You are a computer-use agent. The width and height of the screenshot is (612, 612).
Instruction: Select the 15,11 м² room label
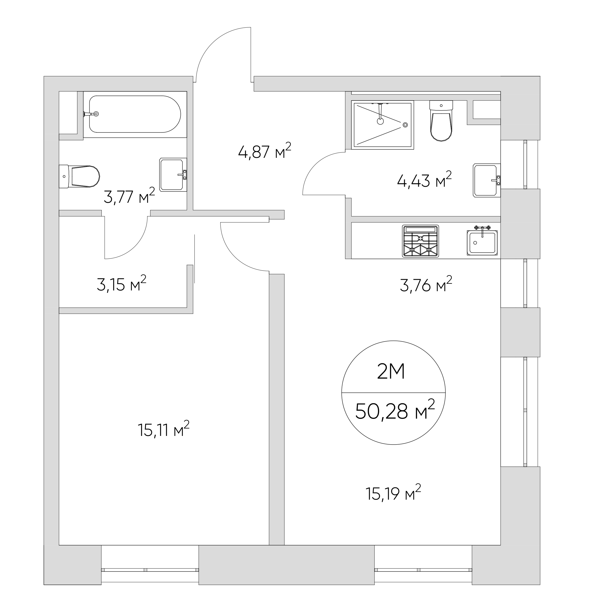click(164, 429)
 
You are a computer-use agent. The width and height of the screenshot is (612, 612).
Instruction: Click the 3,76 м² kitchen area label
click(426, 285)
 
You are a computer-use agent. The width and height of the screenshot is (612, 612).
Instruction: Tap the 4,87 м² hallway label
click(264, 151)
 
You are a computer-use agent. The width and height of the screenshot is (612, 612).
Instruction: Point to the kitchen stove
click(421, 241)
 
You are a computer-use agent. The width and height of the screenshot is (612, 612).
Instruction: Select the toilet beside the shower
click(441, 121)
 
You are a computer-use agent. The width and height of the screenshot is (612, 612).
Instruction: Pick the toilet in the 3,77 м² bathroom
click(79, 176)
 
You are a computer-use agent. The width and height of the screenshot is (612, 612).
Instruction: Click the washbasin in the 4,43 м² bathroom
click(487, 180)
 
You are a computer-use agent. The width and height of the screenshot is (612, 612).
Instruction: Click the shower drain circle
click(405, 125)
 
